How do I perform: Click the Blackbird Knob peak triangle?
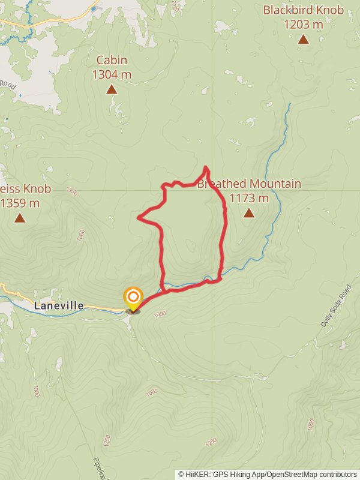click(304, 40)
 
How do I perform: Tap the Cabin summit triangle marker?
click(111, 89)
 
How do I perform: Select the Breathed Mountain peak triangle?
click(249, 213)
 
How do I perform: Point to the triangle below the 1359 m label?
click(20, 218)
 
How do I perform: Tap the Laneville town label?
click(59, 305)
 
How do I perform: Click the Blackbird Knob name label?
click(304, 10)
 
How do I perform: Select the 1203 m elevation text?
click(304, 25)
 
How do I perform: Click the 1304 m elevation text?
click(112, 74)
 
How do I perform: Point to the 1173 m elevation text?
click(249, 198)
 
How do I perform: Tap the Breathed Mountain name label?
click(249, 184)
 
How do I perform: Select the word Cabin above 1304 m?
click(112, 60)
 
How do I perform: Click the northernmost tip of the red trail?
click(206, 167)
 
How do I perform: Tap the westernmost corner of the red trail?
click(139, 217)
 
